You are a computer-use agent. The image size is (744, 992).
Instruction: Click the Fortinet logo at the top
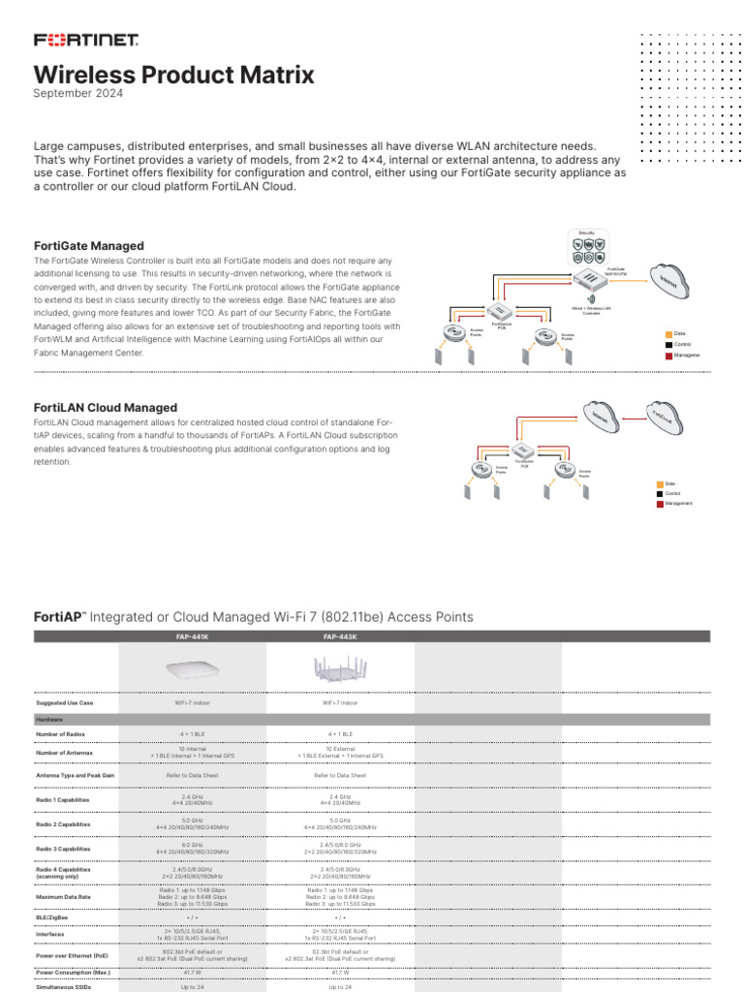[86, 40]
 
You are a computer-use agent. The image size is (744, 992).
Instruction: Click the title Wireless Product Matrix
[174, 75]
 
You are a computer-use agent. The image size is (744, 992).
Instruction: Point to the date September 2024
[78, 94]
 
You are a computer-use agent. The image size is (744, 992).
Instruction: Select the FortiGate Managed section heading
[89, 246]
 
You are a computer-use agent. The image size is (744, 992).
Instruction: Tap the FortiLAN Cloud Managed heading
[106, 408]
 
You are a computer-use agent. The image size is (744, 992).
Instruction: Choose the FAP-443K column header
[340, 636]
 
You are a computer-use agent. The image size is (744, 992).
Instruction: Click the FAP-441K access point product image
[192, 669]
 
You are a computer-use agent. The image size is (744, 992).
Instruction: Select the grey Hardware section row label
[49, 720]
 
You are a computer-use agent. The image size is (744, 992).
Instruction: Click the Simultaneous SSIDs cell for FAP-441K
[192, 986]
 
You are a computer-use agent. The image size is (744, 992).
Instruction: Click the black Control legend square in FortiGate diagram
[668, 345]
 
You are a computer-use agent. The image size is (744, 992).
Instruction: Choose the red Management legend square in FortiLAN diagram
[661, 504]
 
